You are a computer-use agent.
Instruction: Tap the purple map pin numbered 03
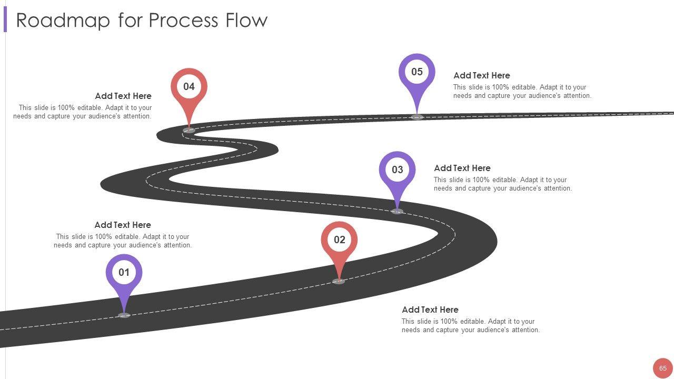coord(397,170)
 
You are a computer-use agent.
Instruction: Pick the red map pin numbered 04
coord(189,87)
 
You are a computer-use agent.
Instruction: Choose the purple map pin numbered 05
coord(417,72)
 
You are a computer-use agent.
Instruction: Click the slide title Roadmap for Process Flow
coord(142,21)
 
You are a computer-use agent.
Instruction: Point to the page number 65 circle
coord(662,368)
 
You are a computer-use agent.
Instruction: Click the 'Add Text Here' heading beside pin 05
coord(481,75)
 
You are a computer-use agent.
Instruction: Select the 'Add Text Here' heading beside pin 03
coord(462,168)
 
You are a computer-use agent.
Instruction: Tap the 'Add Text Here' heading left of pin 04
coord(123,96)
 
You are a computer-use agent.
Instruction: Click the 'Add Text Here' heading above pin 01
coord(122,225)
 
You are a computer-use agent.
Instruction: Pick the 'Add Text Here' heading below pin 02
coord(430,310)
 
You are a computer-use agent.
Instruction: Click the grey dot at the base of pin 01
coord(124,315)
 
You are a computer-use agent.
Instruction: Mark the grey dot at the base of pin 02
coord(339,282)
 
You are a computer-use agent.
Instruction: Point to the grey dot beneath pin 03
coord(397,212)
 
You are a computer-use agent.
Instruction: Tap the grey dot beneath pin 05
coord(417,117)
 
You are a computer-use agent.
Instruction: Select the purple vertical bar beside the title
coord(5,21)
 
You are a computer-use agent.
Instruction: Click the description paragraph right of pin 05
coord(522,92)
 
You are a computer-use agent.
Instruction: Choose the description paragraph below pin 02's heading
coord(470,326)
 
